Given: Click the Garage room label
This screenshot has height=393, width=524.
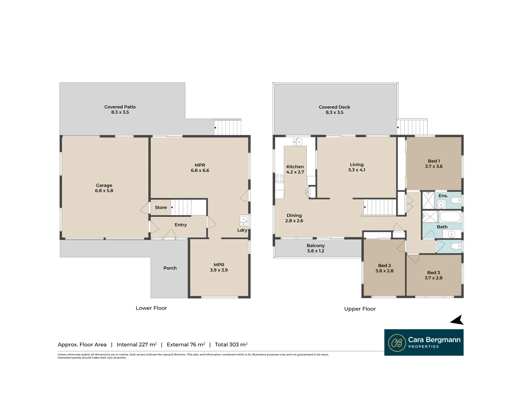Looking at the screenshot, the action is point(104,185).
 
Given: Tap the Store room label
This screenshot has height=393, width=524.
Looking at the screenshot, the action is point(161,207).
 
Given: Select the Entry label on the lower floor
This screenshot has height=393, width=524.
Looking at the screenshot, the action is point(180,225).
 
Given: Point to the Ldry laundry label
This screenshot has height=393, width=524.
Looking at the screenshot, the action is point(242,230).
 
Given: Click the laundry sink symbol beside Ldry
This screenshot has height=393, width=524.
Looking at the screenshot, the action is point(243,221).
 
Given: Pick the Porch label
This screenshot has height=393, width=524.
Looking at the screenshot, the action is point(170,268).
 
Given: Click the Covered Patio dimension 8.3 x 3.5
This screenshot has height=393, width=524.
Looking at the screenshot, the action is point(120,112).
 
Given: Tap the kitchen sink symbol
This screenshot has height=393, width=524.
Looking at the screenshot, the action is point(297,142).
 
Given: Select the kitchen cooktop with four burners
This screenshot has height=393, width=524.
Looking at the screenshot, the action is point(279,179).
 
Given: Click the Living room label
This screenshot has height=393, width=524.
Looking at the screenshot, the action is point(357,164).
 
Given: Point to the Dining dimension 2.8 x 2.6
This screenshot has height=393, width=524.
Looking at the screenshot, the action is point(294,221).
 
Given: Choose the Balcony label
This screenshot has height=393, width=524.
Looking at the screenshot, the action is point(315,246).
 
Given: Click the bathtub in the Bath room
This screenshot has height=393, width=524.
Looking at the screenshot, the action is point(450,217).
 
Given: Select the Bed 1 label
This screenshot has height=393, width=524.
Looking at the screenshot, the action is point(434,161).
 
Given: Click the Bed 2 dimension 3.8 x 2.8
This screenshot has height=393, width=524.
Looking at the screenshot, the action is point(384,271).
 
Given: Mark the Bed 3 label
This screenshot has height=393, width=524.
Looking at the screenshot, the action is point(433,273).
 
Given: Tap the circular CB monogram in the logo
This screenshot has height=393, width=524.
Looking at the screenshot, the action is point(397,343).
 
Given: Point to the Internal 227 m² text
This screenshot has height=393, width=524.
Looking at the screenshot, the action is point(136,345).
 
